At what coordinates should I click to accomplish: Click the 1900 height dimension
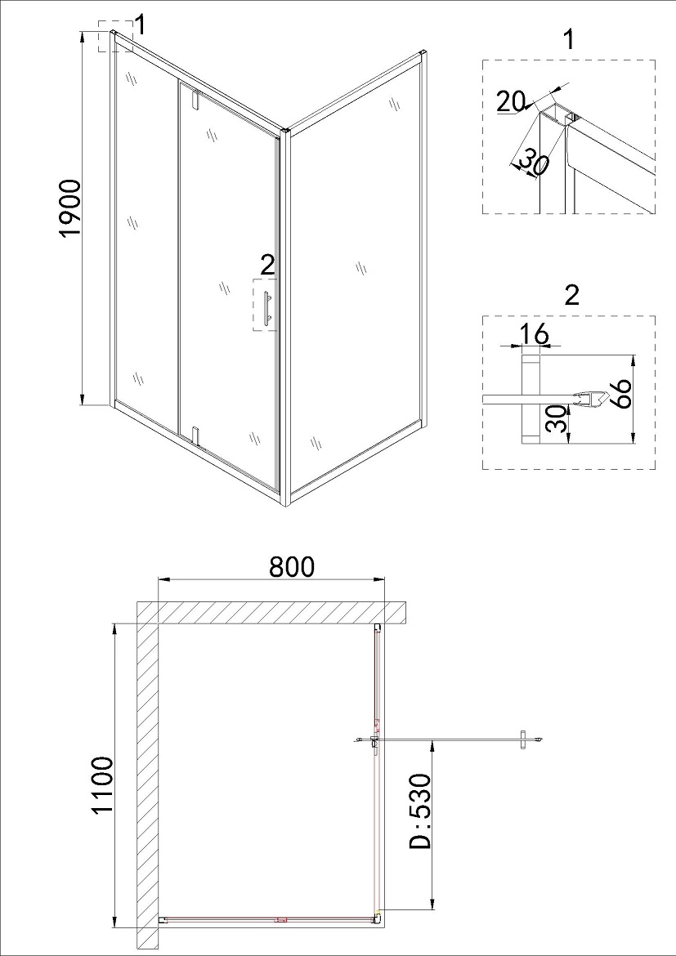click(x=71, y=208)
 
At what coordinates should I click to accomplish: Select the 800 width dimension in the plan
click(x=292, y=566)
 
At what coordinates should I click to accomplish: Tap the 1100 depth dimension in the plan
click(x=101, y=785)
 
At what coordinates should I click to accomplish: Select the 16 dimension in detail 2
click(x=535, y=335)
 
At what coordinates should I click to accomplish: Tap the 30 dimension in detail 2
click(x=555, y=420)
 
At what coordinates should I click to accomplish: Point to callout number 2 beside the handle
click(x=267, y=266)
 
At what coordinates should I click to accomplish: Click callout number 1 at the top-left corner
click(x=140, y=25)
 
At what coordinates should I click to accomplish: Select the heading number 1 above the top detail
click(x=569, y=40)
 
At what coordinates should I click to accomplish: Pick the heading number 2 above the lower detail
click(x=571, y=295)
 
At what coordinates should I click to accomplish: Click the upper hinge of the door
click(x=195, y=100)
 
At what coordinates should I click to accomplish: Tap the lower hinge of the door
click(x=195, y=436)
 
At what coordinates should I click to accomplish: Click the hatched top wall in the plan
click(x=271, y=613)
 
